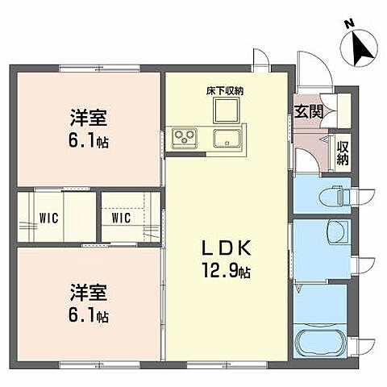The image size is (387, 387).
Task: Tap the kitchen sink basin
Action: (x=227, y=139)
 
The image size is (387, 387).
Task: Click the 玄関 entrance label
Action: (x=310, y=111)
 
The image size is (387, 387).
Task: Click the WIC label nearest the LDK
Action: (x=121, y=218)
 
